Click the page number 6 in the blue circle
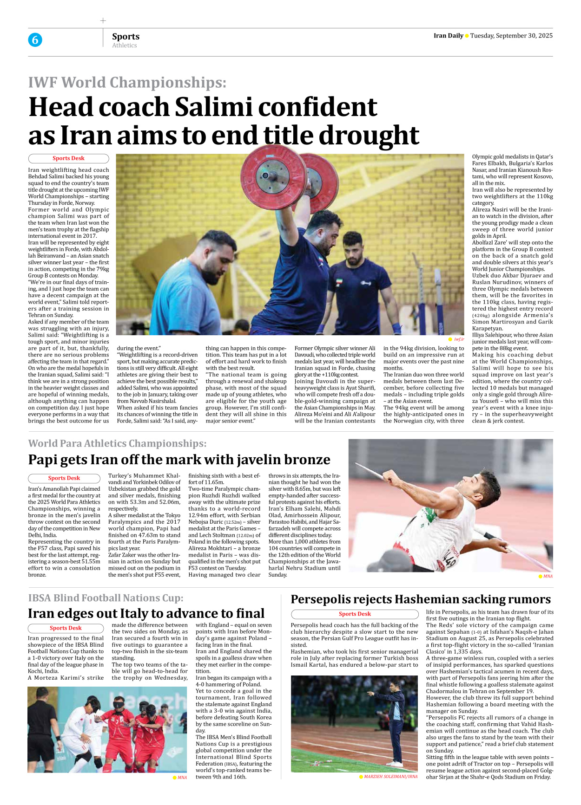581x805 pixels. click(35, 40)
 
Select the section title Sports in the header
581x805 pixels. click(125, 36)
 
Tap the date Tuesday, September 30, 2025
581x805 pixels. click(511, 36)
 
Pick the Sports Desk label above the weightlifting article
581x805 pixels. click(68, 158)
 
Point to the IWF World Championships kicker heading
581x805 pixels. click(127, 82)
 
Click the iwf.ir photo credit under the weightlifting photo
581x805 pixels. click(459, 339)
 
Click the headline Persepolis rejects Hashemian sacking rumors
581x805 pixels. click(421, 599)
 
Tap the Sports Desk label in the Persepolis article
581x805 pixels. click(355, 614)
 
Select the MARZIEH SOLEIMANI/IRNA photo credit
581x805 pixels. click(390, 776)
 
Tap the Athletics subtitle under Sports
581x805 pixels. click(125, 45)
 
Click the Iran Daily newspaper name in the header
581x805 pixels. click(448, 36)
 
